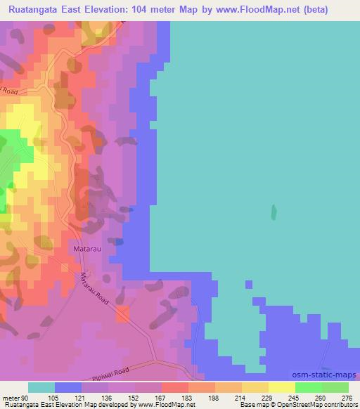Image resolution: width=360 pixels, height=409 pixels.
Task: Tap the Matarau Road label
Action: coord(96,289)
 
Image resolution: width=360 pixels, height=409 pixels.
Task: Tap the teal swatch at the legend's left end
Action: coord(41,387)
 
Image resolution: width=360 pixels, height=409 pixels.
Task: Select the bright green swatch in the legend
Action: coord(309,387)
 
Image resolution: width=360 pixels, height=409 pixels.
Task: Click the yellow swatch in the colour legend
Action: coord(282,387)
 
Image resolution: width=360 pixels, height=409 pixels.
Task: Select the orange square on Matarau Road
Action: coord(123,313)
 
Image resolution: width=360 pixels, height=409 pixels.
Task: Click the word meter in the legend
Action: coord(12,398)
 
